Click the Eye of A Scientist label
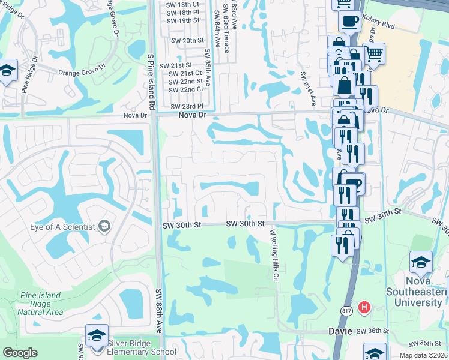point(62,227)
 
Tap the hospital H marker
point(364,308)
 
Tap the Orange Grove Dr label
point(82,72)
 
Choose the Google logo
point(20,353)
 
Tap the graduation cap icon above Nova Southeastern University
point(421,262)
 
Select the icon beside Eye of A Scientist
point(104,226)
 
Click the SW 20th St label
point(188,40)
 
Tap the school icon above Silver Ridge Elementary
point(97,335)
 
